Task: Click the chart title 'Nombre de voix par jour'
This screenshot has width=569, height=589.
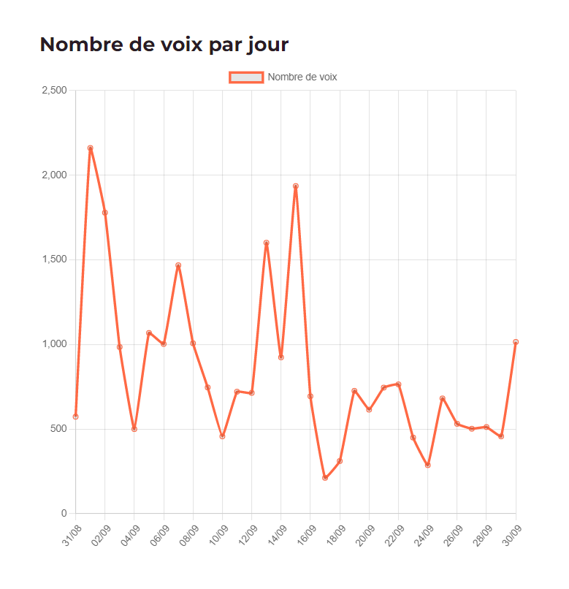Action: [164, 45]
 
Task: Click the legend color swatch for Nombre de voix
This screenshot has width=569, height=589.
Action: [246, 77]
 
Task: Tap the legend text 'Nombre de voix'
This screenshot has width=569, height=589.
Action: [302, 77]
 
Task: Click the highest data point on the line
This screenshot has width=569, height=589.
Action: [91, 148]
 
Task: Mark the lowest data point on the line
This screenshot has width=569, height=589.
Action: [325, 478]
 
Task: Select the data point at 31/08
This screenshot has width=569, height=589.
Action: [76, 417]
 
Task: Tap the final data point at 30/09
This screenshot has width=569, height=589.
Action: [516, 342]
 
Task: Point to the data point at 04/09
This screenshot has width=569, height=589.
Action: [134, 429]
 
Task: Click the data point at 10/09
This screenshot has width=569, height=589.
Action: [222, 436]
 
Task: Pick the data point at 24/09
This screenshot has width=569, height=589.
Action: [428, 465]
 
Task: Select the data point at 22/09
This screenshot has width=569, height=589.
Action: [398, 384]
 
